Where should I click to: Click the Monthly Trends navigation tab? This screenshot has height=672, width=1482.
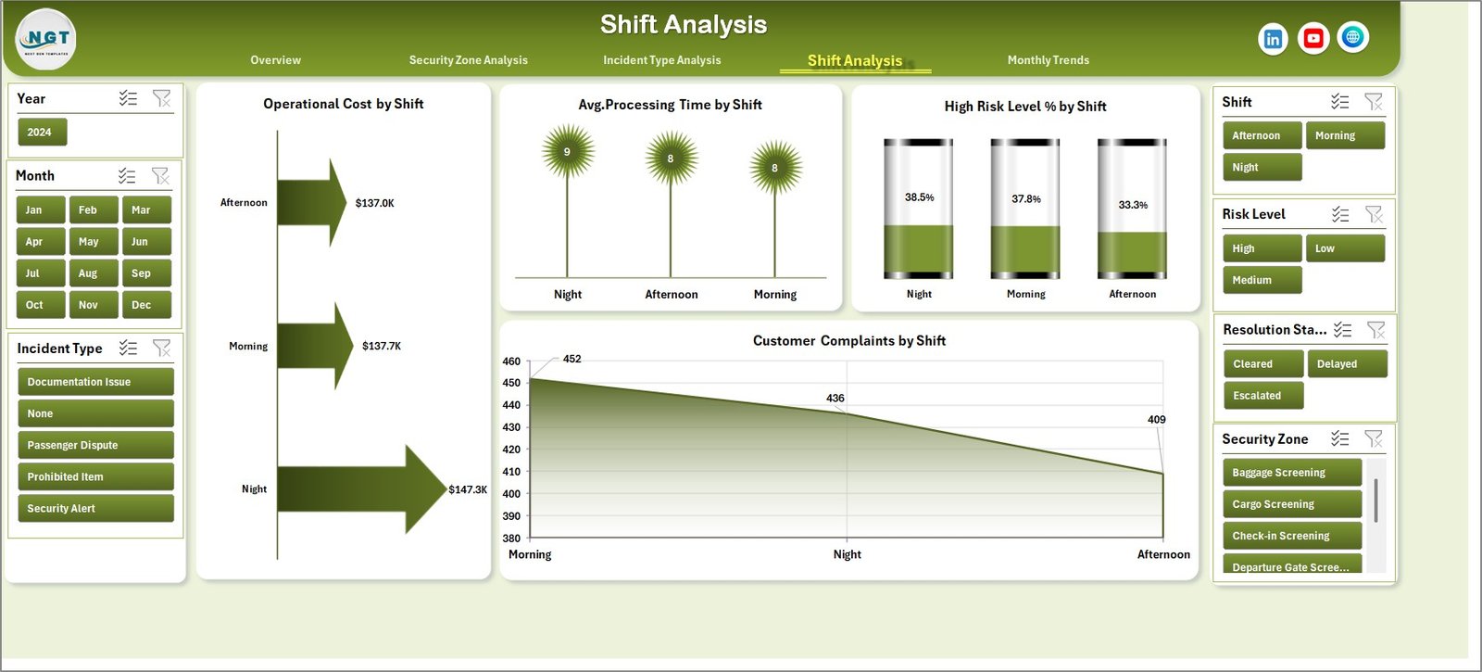tap(1048, 60)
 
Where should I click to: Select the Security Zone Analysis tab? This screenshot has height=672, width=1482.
tap(468, 60)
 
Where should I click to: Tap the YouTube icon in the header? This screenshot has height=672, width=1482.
tap(1312, 38)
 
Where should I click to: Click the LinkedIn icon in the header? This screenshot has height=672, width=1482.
tap(1273, 39)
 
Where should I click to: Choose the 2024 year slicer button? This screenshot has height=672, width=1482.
tap(42, 133)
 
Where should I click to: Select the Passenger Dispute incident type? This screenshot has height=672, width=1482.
tap(95, 445)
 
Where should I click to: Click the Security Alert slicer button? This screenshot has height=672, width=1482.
tap(95, 509)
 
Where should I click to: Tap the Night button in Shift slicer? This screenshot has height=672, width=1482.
tap(1262, 168)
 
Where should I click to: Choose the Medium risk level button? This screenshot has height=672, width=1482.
tap(1262, 280)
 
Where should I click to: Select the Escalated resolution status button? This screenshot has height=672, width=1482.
tap(1262, 396)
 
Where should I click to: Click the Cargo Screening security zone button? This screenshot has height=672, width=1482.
tap(1291, 504)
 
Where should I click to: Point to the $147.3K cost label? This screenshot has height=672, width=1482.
tap(468, 489)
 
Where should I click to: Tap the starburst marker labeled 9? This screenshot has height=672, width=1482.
tap(567, 152)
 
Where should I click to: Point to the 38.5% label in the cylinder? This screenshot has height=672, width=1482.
tap(919, 197)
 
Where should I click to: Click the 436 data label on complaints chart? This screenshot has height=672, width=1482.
tap(835, 399)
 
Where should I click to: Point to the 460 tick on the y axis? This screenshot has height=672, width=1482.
tap(511, 361)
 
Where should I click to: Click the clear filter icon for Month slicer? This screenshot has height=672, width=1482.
tap(160, 175)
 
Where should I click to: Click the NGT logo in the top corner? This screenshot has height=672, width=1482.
tap(46, 40)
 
